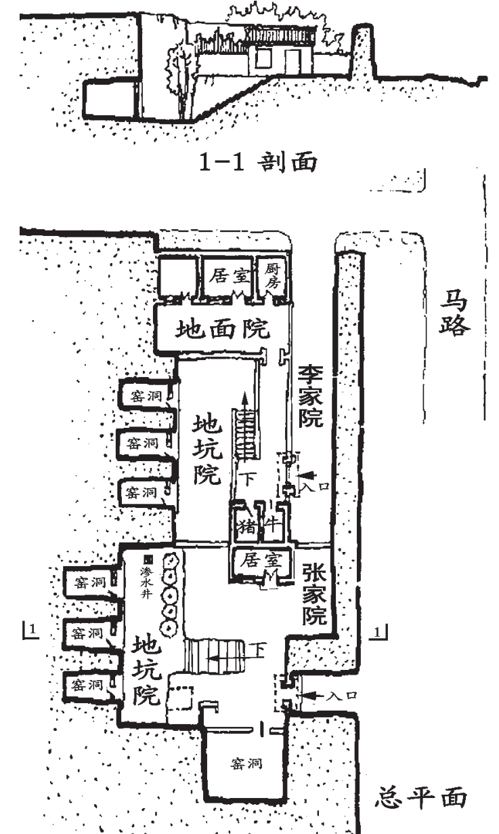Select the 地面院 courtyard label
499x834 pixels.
[222, 330]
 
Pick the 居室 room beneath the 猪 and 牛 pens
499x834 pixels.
[259, 561]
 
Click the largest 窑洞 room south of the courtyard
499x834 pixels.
[245, 764]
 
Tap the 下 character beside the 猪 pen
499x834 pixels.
[249, 480]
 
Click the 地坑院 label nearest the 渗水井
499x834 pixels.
[146, 668]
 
